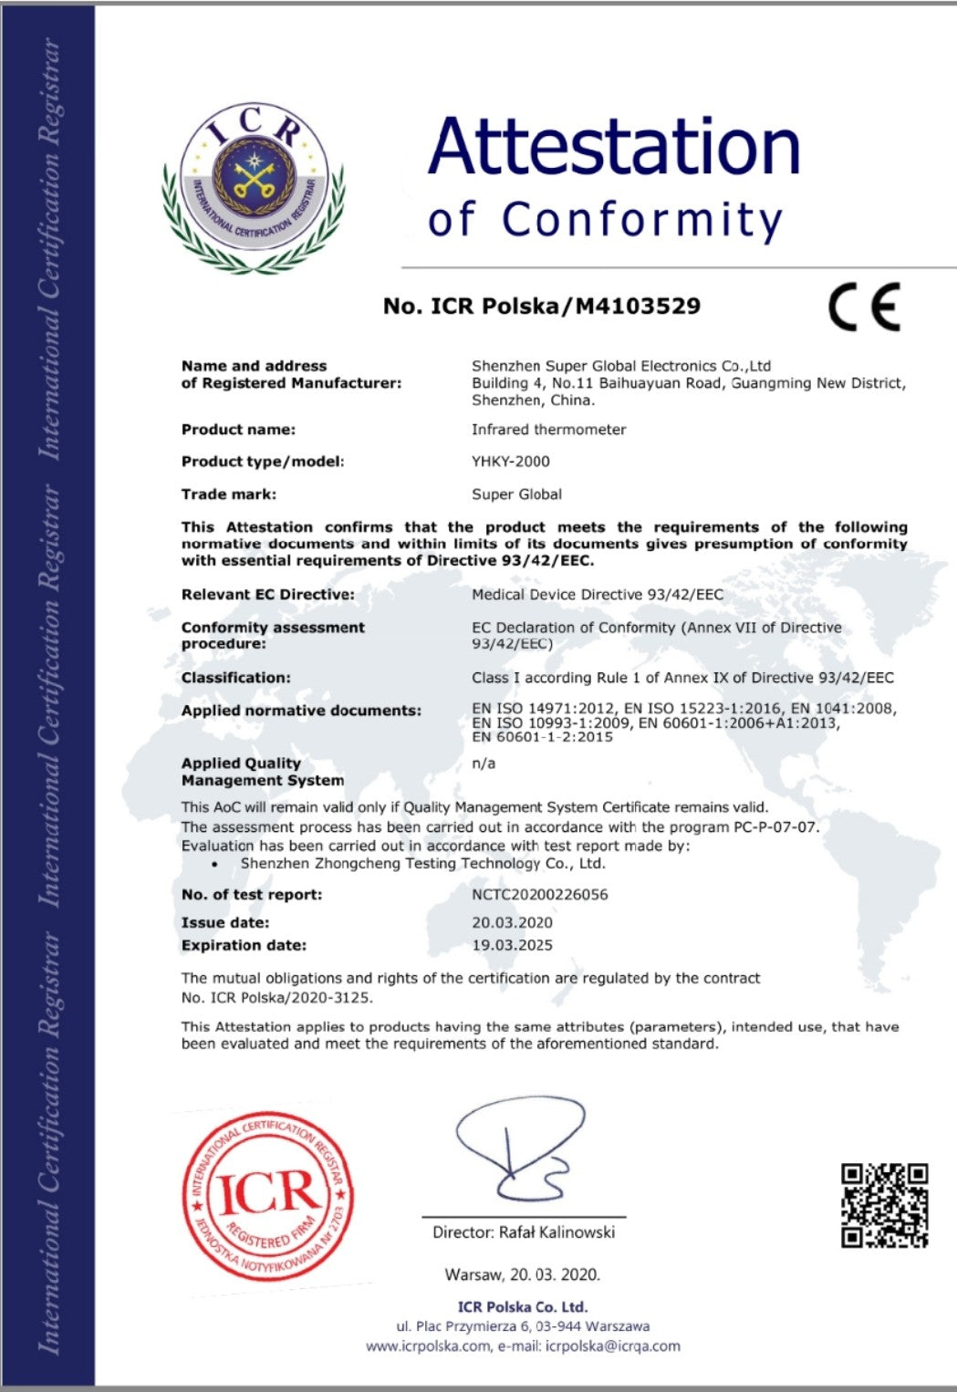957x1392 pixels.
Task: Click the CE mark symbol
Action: click(864, 306)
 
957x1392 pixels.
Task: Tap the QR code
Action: click(884, 1204)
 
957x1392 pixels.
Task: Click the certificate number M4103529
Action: click(638, 306)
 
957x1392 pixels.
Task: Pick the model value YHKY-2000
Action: click(511, 462)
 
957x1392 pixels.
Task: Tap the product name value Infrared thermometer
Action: click(548, 430)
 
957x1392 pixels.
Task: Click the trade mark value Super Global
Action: click(516, 494)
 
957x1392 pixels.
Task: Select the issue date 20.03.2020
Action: click(512, 922)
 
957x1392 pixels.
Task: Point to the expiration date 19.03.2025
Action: click(512, 945)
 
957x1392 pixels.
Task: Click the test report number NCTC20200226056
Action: click(539, 895)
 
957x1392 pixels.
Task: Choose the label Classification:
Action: click(235, 678)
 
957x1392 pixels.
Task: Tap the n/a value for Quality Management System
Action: click(483, 764)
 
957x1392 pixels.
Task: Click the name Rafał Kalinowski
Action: click(557, 1232)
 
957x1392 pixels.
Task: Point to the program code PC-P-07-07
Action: click(775, 827)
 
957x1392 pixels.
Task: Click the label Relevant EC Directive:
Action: click(267, 595)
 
